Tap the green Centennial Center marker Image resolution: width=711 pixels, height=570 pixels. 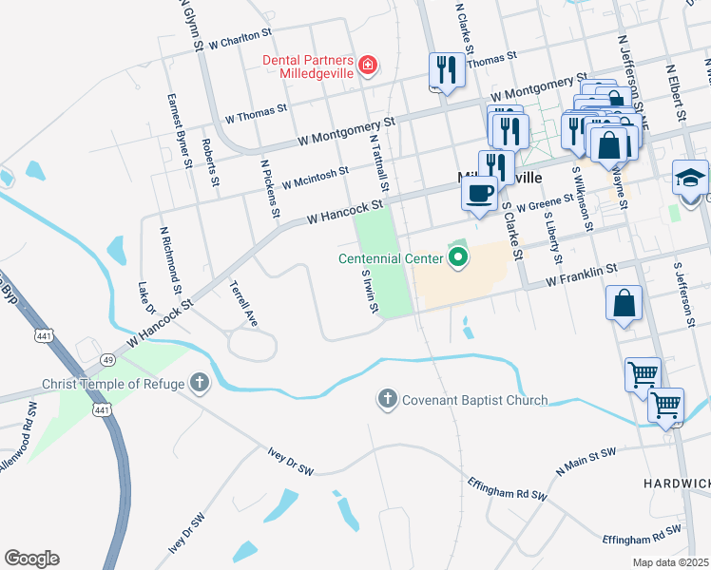coord(458,257)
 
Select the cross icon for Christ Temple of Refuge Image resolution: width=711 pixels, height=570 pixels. coord(199,384)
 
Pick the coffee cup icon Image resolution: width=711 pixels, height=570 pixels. coord(480,193)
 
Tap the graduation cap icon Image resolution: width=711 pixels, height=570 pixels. coord(690,177)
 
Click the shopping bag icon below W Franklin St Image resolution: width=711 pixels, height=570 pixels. coord(625,304)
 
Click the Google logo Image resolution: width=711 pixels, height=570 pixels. coord(31,559)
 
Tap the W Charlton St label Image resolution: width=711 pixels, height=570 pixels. coord(240,40)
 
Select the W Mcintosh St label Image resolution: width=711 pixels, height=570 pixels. coord(308,178)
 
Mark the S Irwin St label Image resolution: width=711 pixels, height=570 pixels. coord(369,292)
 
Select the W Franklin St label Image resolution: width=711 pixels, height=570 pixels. coord(582,275)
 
